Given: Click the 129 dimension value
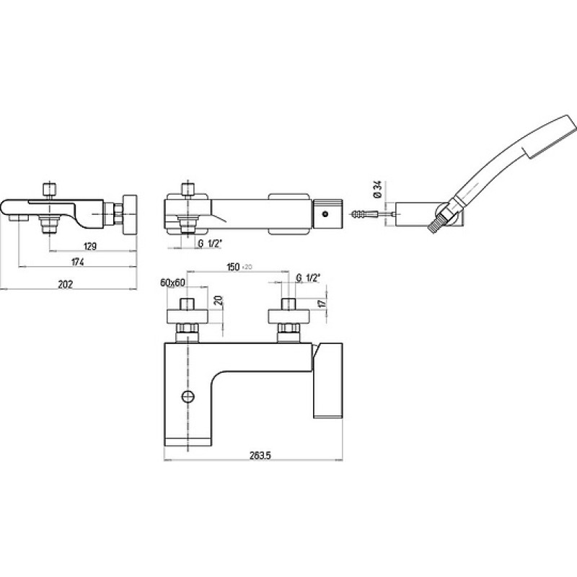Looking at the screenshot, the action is pyautogui.click(x=90, y=246).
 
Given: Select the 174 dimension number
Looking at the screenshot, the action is pyautogui.click(x=78, y=262).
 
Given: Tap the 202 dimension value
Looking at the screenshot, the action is pyautogui.click(x=66, y=284).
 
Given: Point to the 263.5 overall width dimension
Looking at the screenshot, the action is pyautogui.click(x=260, y=455).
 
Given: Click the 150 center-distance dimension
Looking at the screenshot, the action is pyautogui.click(x=233, y=267).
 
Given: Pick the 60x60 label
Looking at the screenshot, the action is pyautogui.click(x=172, y=283).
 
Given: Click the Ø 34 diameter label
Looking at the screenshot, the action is pyautogui.click(x=377, y=190).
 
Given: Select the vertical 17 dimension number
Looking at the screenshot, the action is pyautogui.click(x=322, y=304).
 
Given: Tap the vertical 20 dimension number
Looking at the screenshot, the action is pyautogui.click(x=219, y=300).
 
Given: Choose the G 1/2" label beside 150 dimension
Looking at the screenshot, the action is pyautogui.click(x=307, y=278).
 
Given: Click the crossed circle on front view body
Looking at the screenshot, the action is pyautogui.click(x=188, y=396).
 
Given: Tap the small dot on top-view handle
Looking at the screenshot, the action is pyautogui.click(x=325, y=213).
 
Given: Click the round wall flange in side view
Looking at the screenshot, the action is pyautogui.click(x=130, y=214).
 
